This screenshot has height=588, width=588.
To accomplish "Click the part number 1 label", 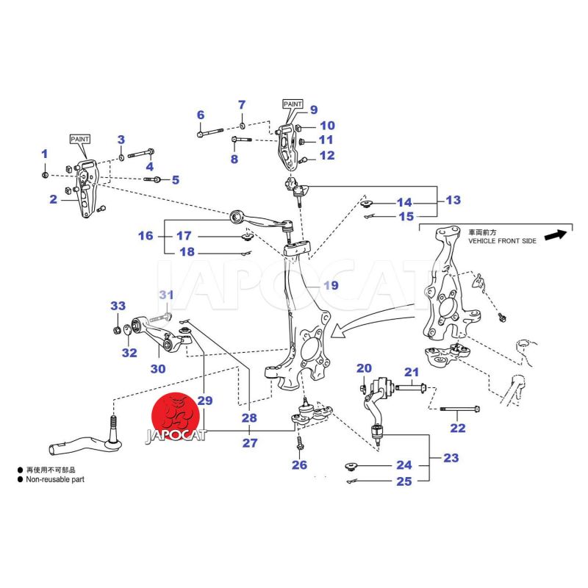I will pyautogui.click(x=44, y=154).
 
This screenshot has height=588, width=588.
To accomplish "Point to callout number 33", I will pyautogui.click(x=118, y=306).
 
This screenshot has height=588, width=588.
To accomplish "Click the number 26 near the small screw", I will pyautogui.click(x=298, y=465).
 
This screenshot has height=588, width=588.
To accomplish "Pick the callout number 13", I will pyautogui.click(x=453, y=199).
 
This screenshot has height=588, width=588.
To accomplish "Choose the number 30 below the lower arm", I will pyautogui.click(x=158, y=368).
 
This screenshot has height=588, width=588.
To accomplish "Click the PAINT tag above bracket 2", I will pyautogui.click(x=80, y=138).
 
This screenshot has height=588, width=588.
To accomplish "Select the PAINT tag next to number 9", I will pyautogui.click(x=293, y=105).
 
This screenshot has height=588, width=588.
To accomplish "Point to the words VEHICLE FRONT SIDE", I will pyautogui.click(x=497, y=240).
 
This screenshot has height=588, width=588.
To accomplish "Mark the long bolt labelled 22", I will pyautogui.click(x=458, y=409).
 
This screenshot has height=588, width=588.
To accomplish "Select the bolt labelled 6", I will pyautogui.click(x=211, y=134).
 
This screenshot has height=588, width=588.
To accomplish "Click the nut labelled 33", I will pyautogui.click(x=117, y=327).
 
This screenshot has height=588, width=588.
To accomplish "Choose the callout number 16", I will pyautogui.click(x=146, y=236).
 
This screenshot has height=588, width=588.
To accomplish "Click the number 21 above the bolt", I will pyautogui.click(x=411, y=372).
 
